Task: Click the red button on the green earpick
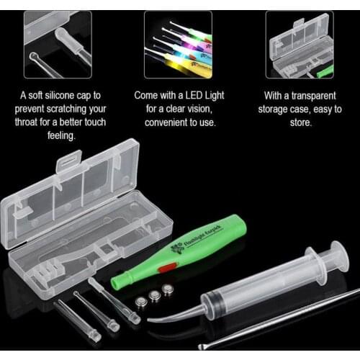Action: click(167, 268)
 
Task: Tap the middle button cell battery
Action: click(154, 296)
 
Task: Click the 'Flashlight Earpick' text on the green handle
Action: click(204, 236)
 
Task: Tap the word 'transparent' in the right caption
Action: click(314, 96)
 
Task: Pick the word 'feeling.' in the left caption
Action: click(61, 136)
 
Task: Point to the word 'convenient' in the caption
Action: click(166, 122)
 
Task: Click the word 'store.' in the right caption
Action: click(301, 123)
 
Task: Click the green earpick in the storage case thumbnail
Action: click(325, 71)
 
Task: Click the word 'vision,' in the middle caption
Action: click(200, 109)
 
